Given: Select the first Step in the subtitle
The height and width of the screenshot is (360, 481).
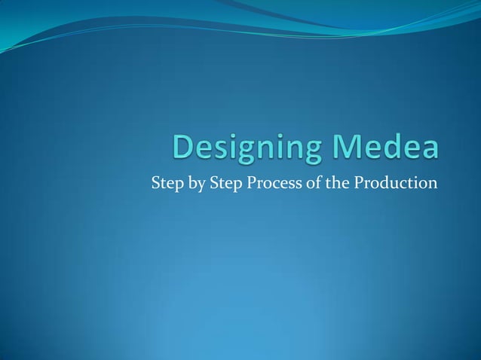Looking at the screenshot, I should click(165, 183).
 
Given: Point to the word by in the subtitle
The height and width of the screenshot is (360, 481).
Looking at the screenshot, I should click(192, 184).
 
